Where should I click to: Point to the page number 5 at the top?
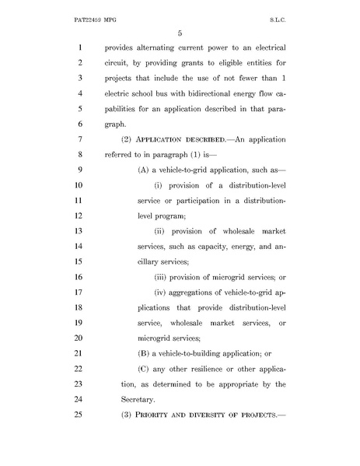(180, 32)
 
